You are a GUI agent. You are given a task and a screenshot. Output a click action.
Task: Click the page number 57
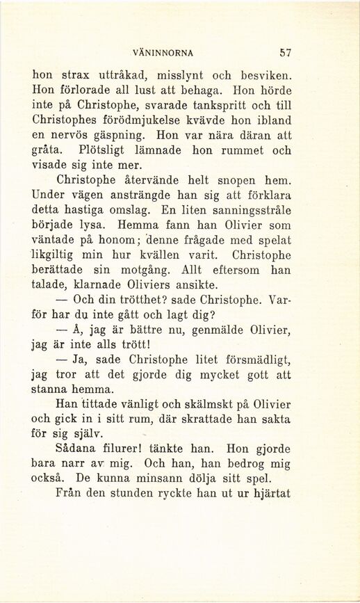[x=284, y=52]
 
